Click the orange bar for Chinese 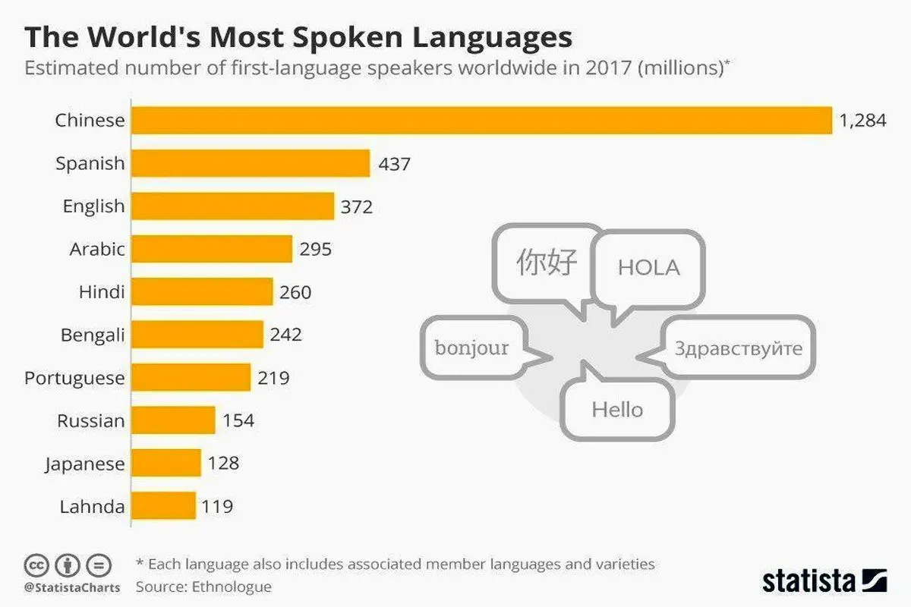click(x=481, y=120)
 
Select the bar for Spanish click(x=251, y=163)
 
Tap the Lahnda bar click(x=163, y=506)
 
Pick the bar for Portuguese click(x=191, y=377)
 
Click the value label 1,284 click(x=862, y=120)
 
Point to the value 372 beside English click(x=357, y=206)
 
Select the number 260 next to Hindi click(x=295, y=291)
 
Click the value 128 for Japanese click(x=223, y=463)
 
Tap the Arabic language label click(x=97, y=249)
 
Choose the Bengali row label click(x=92, y=335)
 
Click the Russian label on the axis click(x=90, y=420)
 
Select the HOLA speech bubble click(x=648, y=268)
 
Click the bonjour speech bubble click(x=471, y=348)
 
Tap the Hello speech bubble click(x=617, y=410)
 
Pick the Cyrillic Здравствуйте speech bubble click(x=738, y=348)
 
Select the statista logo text click(x=808, y=580)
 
